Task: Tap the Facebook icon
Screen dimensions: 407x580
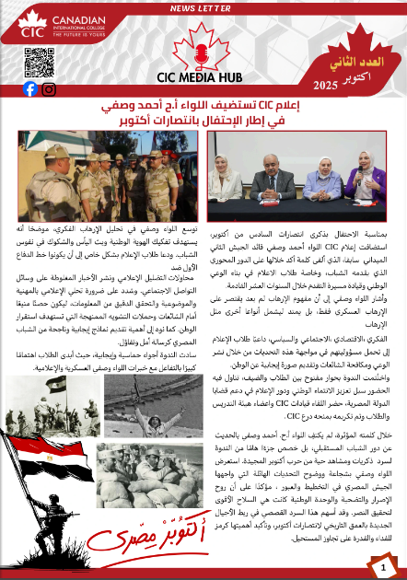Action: pyautogui.click(x=30, y=88)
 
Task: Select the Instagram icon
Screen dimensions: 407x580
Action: pyautogui.click(x=50, y=88)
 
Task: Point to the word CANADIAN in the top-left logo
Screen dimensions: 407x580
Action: pyautogui.click(x=75, y=21)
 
